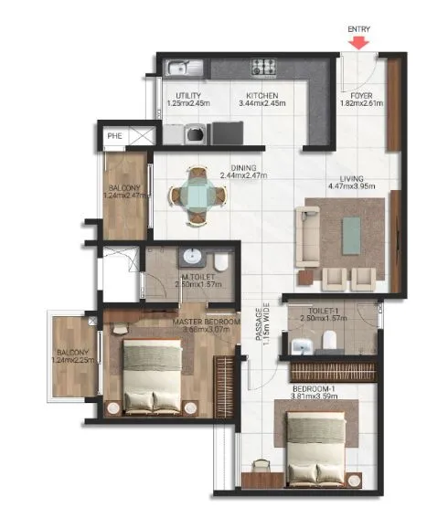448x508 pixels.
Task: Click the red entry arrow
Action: (360, 41)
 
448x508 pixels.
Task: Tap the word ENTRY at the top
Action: (360, 29)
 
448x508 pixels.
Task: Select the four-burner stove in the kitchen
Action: (264, 66)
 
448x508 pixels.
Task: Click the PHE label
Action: (114, 137)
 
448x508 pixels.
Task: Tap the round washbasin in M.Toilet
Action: (192, 257)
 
